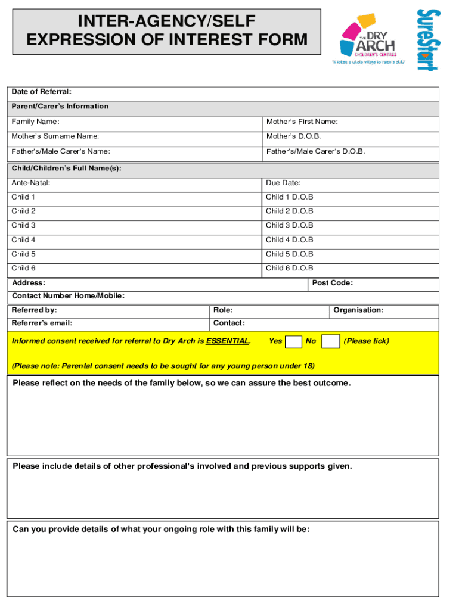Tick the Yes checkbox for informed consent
point(293,341)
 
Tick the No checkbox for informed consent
point(330,341)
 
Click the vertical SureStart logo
point(427,39)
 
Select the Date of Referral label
point(42,92)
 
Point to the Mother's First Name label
point(302,122)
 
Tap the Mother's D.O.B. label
point(293,136)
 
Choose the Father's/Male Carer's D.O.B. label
point(315,151)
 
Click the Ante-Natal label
point(31,183)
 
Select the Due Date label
point(283,183)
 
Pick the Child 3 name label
point(24,225)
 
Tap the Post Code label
point(332,283)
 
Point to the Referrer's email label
point(42,323)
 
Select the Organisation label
point(358,310)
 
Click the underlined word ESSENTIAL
point(227,341)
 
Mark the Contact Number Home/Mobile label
point(69,296)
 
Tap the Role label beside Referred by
point(223,310)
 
